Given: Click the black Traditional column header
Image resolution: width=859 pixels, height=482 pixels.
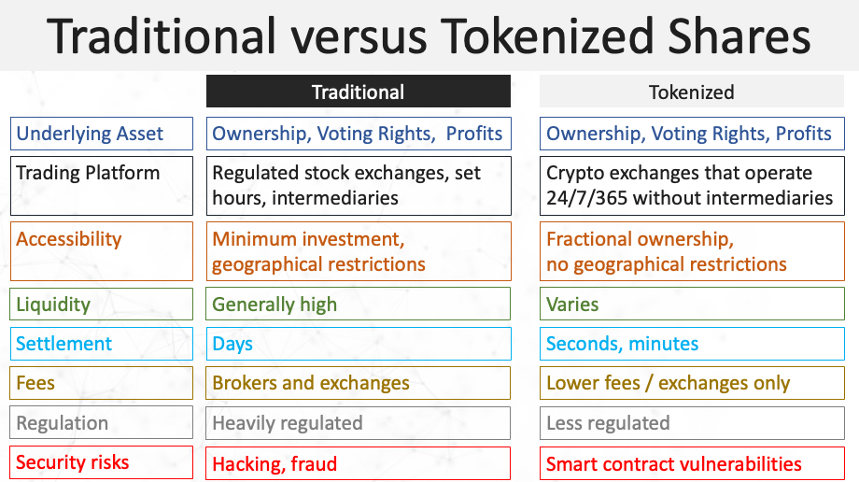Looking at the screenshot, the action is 359,91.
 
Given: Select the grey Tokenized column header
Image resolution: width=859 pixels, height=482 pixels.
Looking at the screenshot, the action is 691,91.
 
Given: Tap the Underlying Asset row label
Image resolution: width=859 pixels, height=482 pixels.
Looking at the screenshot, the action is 102,134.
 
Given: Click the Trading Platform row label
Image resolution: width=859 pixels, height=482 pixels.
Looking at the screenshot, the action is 102,185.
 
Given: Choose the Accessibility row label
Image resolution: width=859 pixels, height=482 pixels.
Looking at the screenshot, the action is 102,251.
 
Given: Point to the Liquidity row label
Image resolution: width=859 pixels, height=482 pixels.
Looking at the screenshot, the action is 102,304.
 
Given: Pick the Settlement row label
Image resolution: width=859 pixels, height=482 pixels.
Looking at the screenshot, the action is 102,343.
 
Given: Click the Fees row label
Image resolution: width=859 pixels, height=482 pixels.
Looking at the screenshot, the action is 102,383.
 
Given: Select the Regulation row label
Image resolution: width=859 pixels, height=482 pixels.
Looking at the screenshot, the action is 102,422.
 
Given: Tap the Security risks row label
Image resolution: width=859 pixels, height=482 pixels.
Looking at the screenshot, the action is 102,462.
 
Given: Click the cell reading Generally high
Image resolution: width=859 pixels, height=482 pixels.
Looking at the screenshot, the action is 359,304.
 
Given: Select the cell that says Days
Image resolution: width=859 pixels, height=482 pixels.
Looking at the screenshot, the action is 359,343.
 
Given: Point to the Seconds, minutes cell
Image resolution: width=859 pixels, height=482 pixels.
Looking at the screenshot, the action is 692,343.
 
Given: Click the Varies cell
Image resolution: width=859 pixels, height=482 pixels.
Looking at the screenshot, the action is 692,304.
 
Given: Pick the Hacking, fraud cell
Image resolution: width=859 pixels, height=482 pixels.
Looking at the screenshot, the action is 359,463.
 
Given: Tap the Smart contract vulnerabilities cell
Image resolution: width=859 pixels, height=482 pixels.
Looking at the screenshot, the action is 692,463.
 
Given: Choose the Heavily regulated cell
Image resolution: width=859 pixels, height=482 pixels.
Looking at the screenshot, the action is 359,423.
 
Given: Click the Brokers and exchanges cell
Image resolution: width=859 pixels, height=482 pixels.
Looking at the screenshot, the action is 359,383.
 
